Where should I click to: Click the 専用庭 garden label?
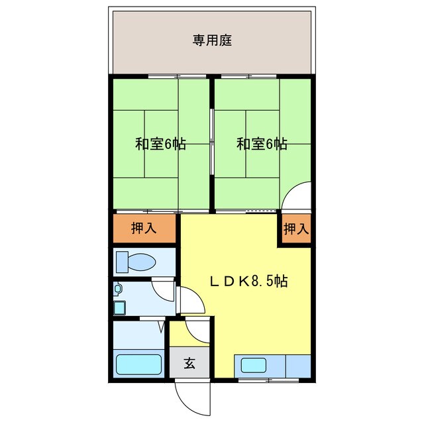[x=212, y=40]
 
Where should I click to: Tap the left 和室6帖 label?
[x=160, y=144]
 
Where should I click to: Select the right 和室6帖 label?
[x=262, y=144]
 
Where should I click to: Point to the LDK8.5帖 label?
[x=248, y=281]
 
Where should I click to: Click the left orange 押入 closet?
[x=144, y=229]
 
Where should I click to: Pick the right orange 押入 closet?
[x=295, y=229]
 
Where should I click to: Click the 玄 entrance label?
[x=189, y=363]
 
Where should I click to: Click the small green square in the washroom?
[x=119, y=307]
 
